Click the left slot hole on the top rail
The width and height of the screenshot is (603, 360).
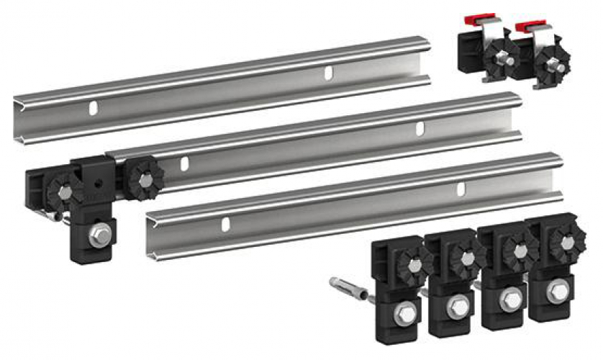pos(93,108)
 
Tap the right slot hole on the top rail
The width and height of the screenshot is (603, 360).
pos(328,73)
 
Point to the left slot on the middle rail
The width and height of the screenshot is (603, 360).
pos(184,164)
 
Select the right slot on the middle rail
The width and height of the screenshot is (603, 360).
pos(420,128)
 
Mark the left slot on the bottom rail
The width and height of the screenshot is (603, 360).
pos(225,222)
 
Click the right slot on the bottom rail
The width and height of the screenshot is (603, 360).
pos(462,189)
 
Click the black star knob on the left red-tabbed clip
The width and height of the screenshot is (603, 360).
pos(499,60)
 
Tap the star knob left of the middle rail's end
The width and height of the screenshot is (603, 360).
pos(63,191)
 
